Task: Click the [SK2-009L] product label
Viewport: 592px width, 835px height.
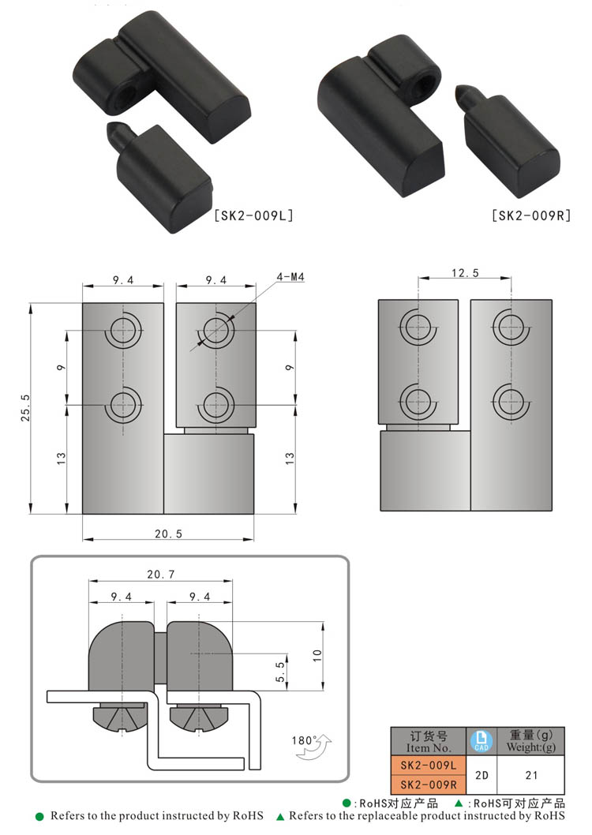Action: point(253,215)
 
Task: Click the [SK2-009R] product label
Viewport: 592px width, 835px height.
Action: point(531,215)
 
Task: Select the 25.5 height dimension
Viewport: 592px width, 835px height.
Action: point(25,408)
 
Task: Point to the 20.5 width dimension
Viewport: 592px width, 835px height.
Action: point(168,534)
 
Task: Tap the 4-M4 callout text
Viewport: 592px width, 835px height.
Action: point(290,277)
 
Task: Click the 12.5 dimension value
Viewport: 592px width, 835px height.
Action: point(465,273)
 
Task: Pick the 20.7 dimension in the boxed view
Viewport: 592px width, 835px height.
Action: point(161,574)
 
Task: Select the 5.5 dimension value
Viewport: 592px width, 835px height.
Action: point(280,672)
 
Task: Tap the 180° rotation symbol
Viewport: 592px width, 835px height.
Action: point(311,746)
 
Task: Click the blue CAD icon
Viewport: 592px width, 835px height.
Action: point(481,741)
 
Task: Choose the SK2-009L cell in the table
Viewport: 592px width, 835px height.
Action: point(429,766)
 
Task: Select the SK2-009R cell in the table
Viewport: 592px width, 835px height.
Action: point(429,784)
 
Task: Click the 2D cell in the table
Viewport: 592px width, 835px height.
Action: point(481,775)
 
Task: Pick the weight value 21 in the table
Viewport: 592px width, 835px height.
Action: point(531,775)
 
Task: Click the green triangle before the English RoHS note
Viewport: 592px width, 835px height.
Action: point(280,816)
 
